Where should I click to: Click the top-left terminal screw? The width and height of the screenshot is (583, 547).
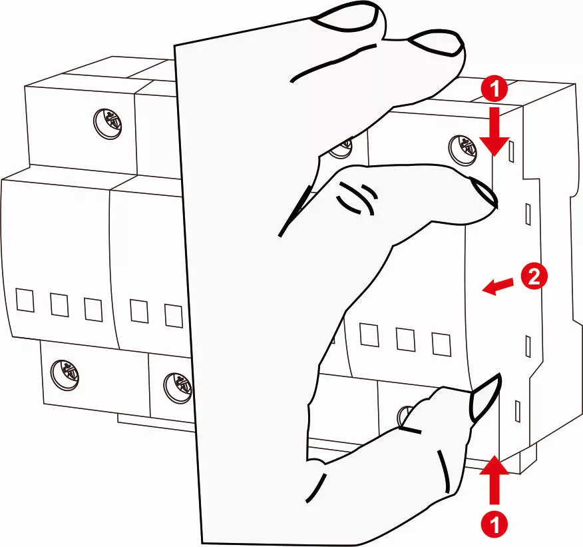tap(107, 124)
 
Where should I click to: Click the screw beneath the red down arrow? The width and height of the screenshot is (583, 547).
tap(463, 147)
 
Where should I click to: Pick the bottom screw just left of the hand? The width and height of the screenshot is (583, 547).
tap(178, 387)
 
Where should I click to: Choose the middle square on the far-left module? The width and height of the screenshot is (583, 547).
tap(59, 304)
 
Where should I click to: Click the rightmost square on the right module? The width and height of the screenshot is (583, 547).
tap(441, 342)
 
